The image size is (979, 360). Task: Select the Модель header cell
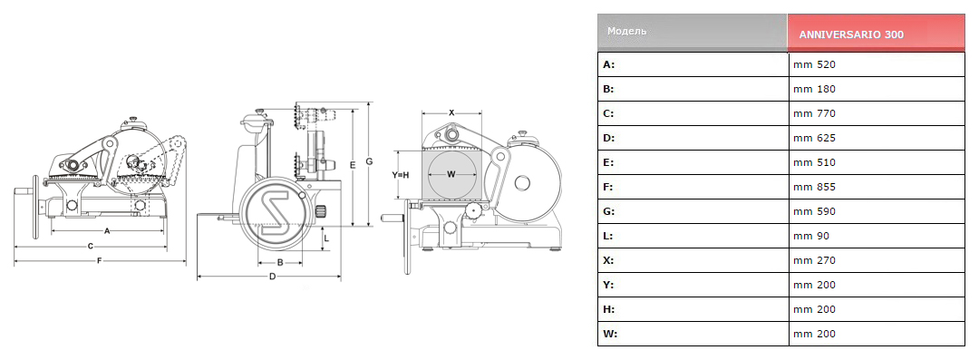pyautogui.click(x=627, y=31)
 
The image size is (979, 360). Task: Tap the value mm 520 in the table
pyautogui.click(x=814, y=64)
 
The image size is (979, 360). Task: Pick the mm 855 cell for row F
pyautogui.click(x=814, y=187)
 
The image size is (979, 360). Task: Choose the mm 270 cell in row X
pyautogui.click(x=814, y=260)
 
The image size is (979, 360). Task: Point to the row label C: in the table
pyautogui.click(x=609, y=113)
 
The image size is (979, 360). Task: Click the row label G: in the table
pyautogui.click(x=609, y=211)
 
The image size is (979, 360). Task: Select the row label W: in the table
pyautogui.click(x=610, y=334)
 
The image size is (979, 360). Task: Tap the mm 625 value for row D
pyautogui.click(x=814, y=138)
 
